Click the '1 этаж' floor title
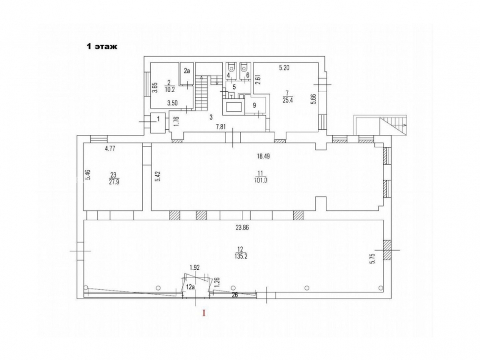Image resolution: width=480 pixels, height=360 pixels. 102,47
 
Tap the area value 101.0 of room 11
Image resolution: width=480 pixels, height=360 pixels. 261,180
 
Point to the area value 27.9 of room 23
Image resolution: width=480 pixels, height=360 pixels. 113,181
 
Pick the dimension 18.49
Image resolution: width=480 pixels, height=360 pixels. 263,156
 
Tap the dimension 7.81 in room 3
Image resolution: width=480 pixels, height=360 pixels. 221,127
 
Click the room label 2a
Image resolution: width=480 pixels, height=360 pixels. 187,71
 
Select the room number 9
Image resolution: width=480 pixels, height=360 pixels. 254,105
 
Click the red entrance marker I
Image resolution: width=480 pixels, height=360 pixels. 204,313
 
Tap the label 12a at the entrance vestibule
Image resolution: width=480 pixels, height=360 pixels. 191,287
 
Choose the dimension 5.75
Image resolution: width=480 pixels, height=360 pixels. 372,258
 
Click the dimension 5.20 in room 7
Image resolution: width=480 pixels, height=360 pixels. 284,68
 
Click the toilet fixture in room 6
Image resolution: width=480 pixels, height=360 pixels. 244,66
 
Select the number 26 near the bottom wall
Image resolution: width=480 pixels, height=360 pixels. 235,295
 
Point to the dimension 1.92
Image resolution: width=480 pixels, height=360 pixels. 195,267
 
